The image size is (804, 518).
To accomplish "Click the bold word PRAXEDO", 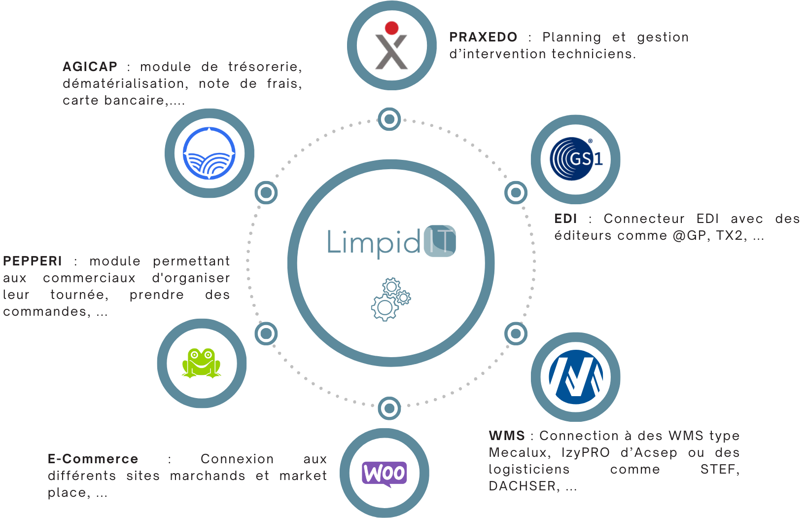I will click(x=483, y=37).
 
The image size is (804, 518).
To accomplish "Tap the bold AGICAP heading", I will click(x=90, y=67).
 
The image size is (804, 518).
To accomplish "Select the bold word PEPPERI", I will click(x=33, y=261).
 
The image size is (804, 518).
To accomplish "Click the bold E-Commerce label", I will click(x=93, y=459).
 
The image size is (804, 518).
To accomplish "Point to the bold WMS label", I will click(x=507, y=436).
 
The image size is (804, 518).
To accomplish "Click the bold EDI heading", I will click(x=565, y=219).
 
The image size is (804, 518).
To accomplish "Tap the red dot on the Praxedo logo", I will click(x=392, y=28).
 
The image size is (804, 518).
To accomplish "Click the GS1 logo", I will click(x=576, y=159).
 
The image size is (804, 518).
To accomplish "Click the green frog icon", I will click(x=201, y=363).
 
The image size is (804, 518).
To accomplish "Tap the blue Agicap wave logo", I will click(x=209, y=153).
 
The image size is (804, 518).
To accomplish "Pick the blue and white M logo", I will click(x=576, y=377).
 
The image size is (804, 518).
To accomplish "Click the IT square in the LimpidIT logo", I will click(x=440, y=241).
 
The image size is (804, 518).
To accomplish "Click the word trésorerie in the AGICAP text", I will click(x=264, y=67).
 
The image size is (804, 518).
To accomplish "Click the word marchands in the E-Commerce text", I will click(x=208, y=476).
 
